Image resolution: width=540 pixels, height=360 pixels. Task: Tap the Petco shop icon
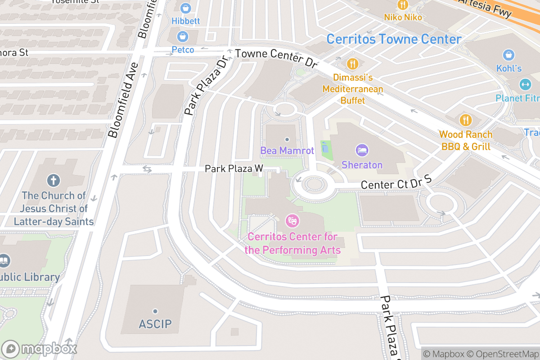(183, 36)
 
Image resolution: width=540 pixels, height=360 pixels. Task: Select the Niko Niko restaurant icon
(402, 5)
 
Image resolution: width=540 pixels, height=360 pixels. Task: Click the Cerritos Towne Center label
(394, 39)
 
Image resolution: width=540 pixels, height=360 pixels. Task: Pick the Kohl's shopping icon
(508, 55)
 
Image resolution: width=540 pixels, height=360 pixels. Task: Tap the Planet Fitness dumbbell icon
(525, 85)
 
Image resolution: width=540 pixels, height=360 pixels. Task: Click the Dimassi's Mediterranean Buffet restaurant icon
(352, 63)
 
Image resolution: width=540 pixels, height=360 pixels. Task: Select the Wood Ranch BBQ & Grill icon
(465, 120)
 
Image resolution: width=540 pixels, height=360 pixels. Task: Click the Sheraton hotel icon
(361, 150)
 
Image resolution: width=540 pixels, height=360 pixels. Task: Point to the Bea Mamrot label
(287, 150)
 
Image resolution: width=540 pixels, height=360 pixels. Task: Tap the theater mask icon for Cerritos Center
(292, 221)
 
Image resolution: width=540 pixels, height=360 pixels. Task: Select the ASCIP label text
(155, 324)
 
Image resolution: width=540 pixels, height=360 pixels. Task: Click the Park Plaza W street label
(234, 169)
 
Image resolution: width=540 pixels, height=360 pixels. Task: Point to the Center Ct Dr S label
(396, 183)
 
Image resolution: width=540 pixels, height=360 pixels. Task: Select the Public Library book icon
(4, 261)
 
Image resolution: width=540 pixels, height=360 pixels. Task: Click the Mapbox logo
(40, 349)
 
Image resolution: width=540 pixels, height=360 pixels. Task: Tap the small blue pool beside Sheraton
(325, 147)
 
